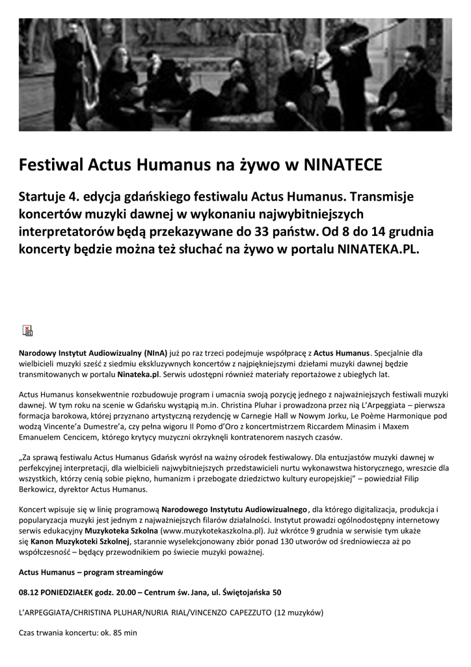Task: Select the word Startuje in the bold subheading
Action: pos(44,196)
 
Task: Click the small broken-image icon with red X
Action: pos(28,330)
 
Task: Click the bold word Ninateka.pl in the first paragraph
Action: pos(139,376)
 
